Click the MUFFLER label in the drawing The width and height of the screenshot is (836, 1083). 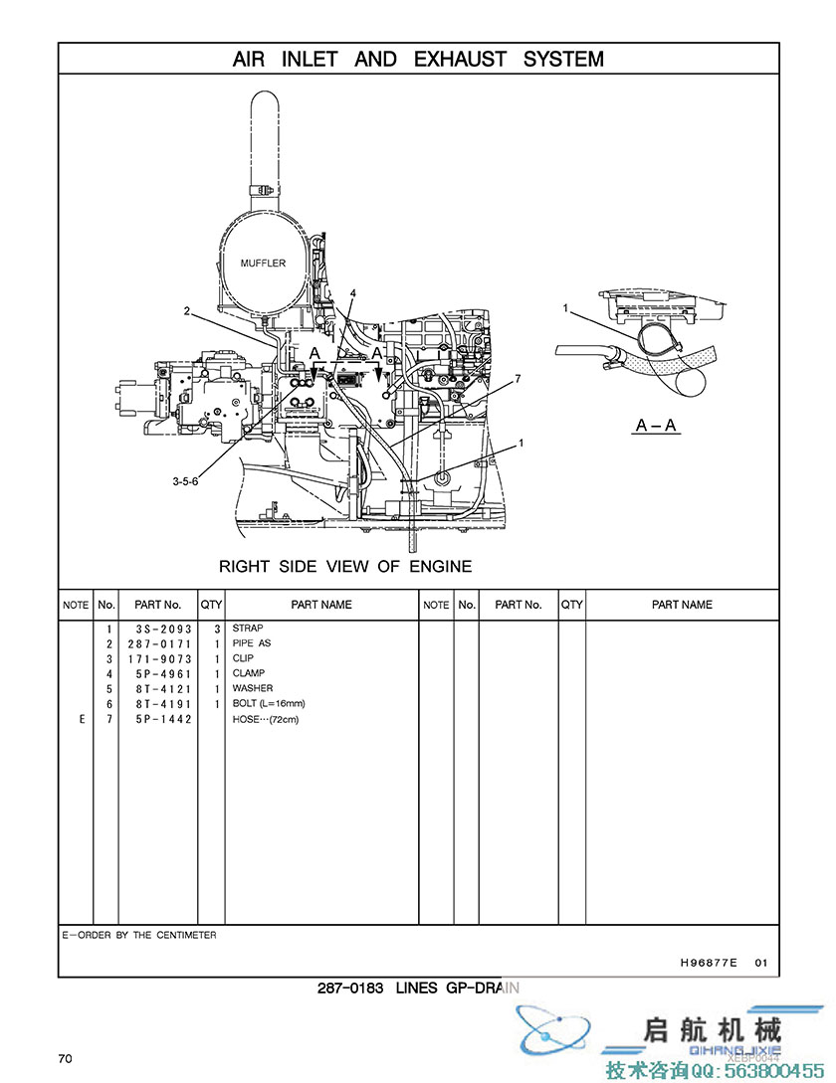(x=263, y=264)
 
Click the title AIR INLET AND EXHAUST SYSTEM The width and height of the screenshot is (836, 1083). (x=418, y=59)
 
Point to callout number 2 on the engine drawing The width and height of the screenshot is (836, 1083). (x=186, y=311)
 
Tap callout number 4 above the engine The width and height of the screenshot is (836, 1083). (x=352, y=292)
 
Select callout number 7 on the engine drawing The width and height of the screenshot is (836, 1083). (x=518, y=379)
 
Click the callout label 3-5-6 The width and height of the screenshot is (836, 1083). (x=185, y=481)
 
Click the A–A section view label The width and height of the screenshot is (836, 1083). (x=656, y=426)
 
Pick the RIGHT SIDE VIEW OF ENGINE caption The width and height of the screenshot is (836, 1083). (x=345, y=567)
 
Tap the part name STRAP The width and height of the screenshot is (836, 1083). (x=248, y=629)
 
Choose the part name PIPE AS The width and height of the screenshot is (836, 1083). (x=252, y=643)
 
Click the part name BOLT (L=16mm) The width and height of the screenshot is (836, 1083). (x=269, y=704)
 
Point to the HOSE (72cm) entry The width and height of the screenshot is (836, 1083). (x=266, y=719)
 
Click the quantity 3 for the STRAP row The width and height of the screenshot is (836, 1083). (x=216, y=629)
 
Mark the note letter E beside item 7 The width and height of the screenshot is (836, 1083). (x=82, y=719)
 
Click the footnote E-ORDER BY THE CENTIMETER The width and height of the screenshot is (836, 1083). (x=139, y=935)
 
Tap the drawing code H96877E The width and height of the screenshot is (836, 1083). (x=709, y=963)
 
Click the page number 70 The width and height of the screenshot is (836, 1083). (x=65, y=1058)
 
